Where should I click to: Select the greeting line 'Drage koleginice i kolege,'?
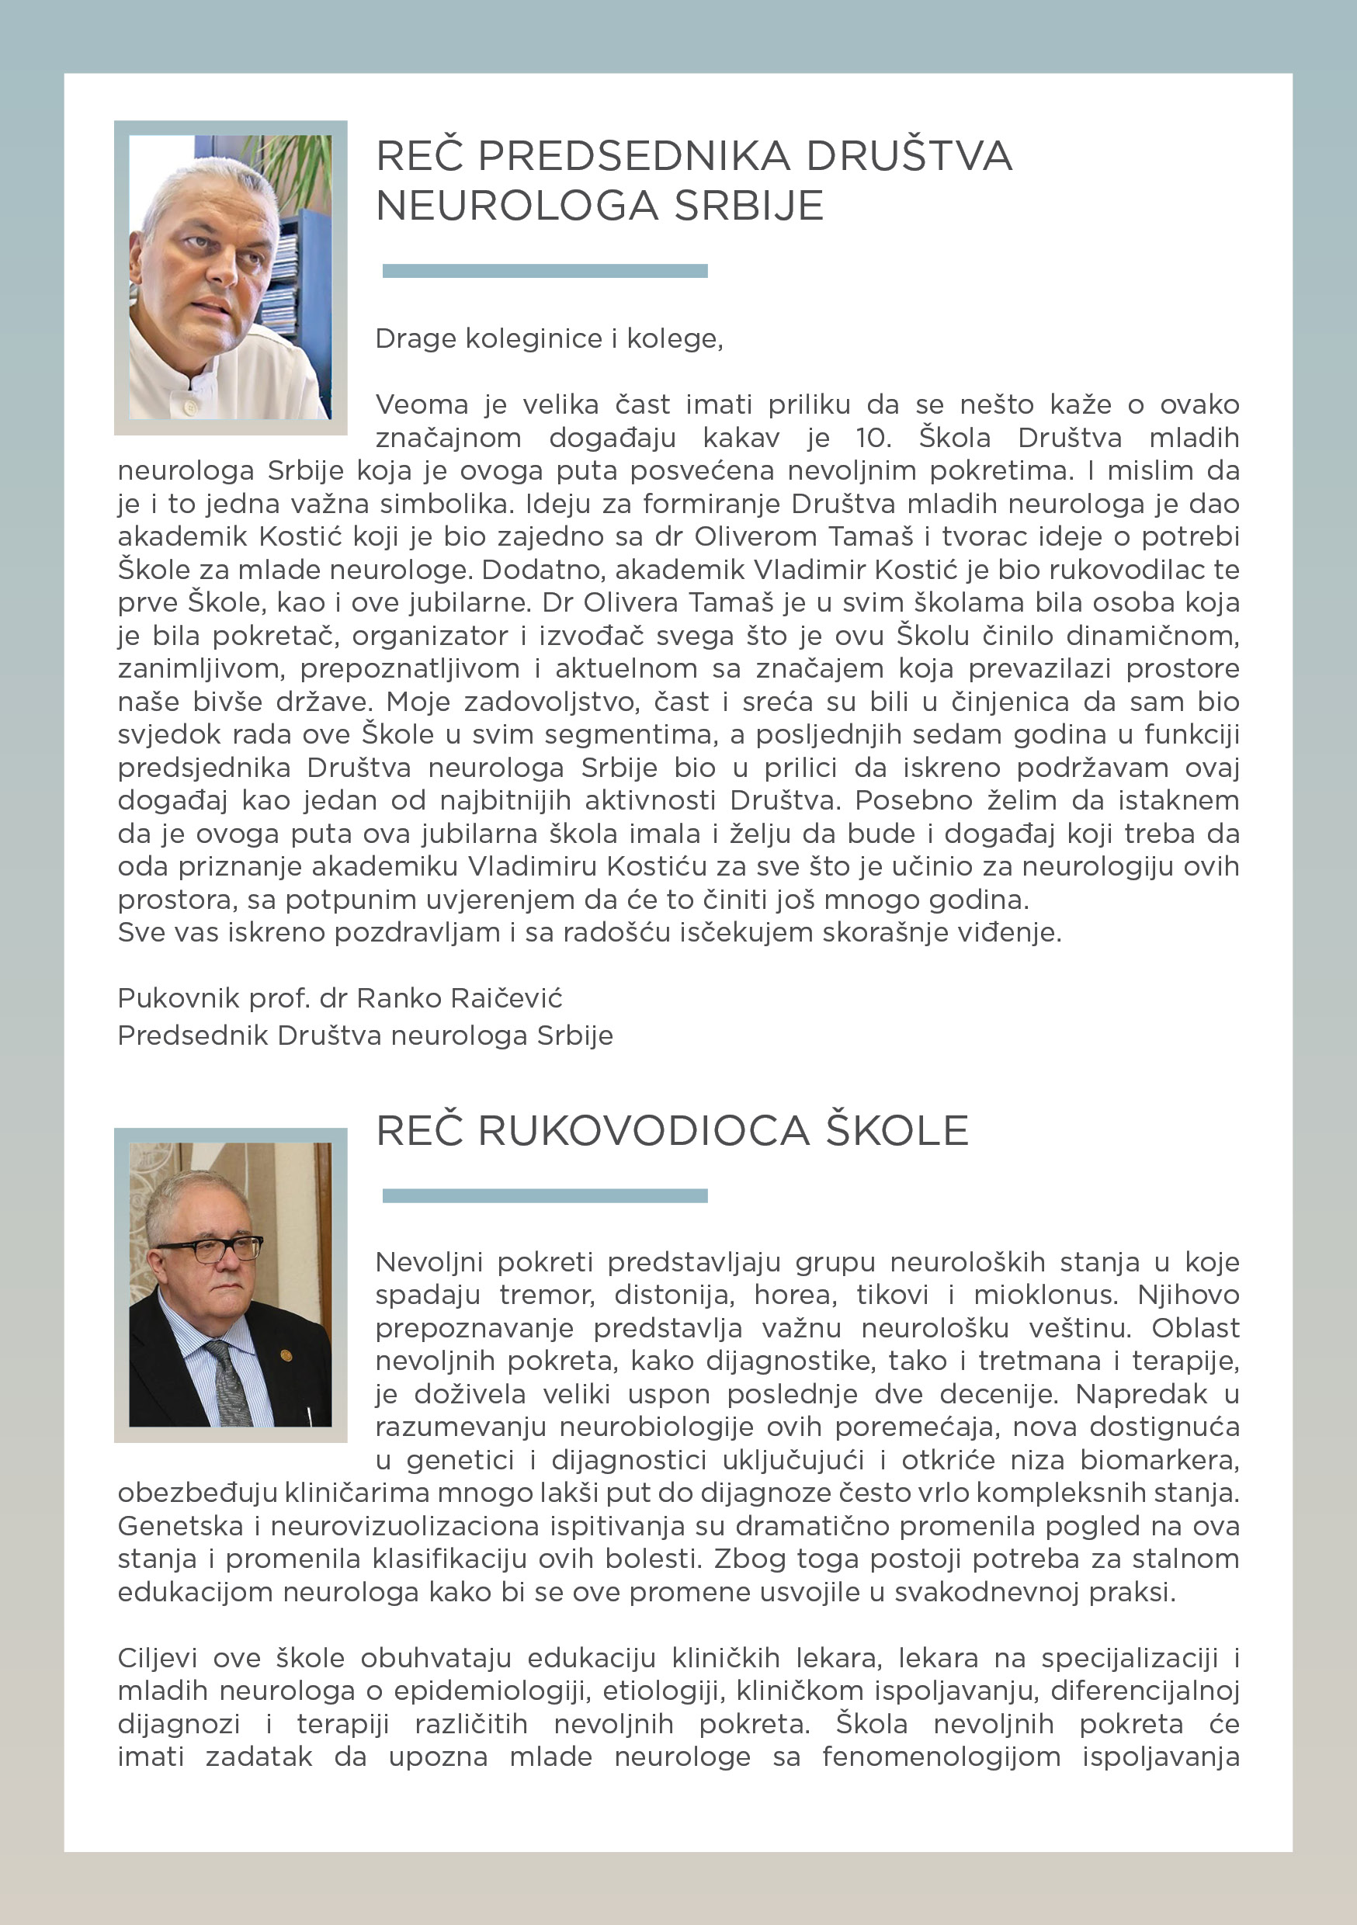tap(549, 338)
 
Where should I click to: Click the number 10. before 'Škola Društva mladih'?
tap(873, 438)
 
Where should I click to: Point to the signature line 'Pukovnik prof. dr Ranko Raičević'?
tap(340, 998)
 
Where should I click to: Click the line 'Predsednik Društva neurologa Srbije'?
tap(365, 1036)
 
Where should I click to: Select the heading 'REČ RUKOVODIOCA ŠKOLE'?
tap(672, 1131)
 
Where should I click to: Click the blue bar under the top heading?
tap(544, 271)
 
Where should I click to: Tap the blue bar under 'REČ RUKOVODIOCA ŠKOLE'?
tap(544, 1195)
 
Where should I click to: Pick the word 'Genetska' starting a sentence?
tap(179, 1527)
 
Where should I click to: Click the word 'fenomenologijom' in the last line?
tap(941, 1757)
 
